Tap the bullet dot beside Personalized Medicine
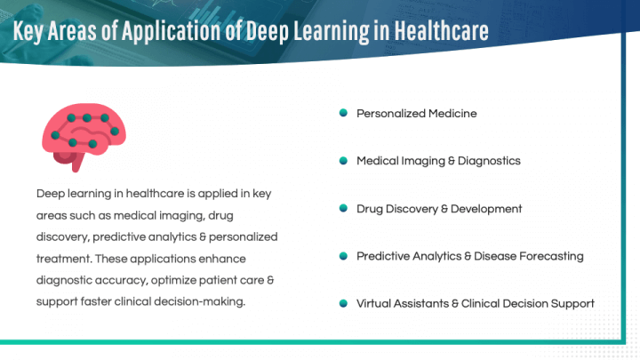click(342, 114)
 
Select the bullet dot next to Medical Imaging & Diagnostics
click(342, 161)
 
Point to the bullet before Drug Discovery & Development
click(342, 209)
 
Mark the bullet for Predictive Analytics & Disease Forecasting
click(342, 256)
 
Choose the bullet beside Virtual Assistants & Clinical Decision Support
click(342, 303)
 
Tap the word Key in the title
click(31, 31)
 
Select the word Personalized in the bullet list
click(391, 114)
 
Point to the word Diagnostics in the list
click(490, 161)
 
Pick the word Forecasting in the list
click(551, 256)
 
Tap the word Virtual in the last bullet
click(376, 303)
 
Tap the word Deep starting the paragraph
click(51, 193)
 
